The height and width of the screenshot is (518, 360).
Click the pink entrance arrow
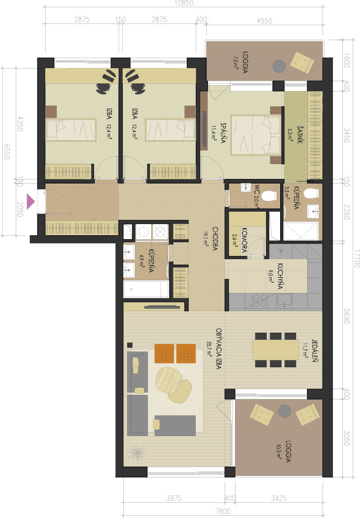[30, 202]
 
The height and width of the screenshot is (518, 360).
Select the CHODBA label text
[215, 238]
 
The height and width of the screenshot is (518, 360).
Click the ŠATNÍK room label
[300, 134]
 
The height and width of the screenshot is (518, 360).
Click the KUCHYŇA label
[280, 276]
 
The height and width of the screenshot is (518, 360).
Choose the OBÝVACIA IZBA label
[218, 348]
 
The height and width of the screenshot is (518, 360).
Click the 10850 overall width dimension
[184, 3]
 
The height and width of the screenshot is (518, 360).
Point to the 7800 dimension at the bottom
[223, 511]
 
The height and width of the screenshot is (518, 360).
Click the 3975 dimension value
[174, 498]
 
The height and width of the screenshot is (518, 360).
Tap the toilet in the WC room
[268, 196]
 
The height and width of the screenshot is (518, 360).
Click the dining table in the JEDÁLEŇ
[275, 349]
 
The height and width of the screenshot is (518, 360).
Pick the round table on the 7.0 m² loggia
[279, 66]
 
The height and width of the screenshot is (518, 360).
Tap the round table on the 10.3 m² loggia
[285, 411]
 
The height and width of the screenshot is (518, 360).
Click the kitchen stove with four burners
[260, 301]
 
